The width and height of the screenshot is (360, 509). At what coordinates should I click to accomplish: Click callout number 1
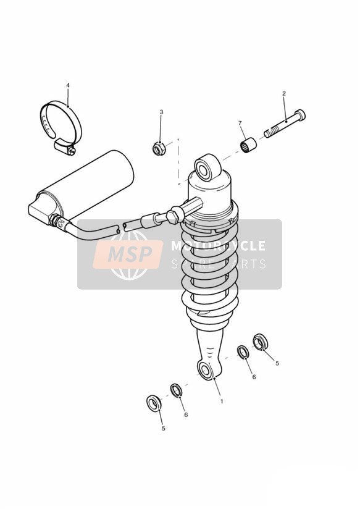222,402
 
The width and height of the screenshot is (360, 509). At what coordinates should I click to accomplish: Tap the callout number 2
284,93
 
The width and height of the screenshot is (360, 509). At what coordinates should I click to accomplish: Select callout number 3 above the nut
161,112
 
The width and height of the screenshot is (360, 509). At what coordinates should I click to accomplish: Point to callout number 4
68,85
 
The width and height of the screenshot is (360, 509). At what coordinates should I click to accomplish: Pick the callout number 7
240,123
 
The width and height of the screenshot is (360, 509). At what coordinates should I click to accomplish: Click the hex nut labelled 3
159,148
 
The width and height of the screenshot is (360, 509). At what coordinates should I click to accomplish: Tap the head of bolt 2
301,115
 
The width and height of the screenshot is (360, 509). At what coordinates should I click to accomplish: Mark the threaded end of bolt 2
270,132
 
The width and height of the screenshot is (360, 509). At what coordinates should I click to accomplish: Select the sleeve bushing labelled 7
248,145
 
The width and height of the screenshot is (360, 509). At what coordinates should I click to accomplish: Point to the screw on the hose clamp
72,150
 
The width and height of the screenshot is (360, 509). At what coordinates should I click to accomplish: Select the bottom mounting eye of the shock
206,370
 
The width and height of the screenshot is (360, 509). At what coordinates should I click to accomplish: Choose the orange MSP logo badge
128,254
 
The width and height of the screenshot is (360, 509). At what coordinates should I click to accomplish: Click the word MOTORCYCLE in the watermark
219,245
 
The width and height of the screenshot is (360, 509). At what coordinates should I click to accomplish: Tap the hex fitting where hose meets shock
174,214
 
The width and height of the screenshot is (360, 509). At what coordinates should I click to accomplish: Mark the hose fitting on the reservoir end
59,222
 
